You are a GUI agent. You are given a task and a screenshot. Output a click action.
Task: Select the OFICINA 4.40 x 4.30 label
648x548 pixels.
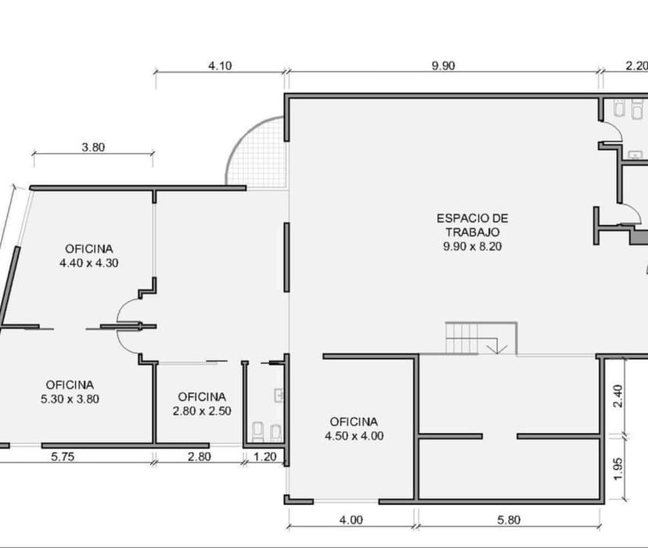tap(88, 256)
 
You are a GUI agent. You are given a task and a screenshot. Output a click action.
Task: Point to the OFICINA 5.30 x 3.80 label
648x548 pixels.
tap(70, 391)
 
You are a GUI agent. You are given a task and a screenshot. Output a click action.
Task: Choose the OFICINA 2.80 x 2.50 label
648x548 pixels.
tap(202, 403)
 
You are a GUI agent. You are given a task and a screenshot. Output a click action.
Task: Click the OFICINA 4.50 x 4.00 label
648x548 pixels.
tap(355, 428)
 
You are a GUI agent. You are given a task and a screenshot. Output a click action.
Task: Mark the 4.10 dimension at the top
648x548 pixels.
tap(219, 66)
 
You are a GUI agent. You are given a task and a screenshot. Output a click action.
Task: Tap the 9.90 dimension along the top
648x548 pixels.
tap(443, 66)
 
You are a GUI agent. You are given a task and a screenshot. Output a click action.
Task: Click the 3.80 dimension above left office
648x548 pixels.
tap(93, 146)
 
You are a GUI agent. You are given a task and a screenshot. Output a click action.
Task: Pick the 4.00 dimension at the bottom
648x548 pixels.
tap(351, 520)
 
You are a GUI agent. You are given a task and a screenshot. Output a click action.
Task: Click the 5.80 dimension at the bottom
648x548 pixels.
tap(509, 520)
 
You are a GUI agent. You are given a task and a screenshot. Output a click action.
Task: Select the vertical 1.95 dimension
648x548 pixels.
tap(619, 467)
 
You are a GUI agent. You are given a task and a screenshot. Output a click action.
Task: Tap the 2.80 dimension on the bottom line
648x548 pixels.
tap(199, 457)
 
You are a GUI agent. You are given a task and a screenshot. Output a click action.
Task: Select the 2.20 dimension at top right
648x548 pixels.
tap(635, 66)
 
